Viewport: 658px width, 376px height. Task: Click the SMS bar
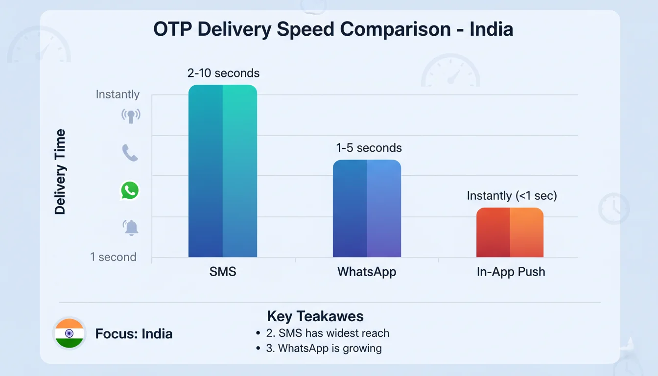[223, 171]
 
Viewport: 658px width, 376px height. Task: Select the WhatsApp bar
[367, 209]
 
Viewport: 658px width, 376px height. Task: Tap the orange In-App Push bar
[510, 233]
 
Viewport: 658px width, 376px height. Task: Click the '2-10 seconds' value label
[223, 73]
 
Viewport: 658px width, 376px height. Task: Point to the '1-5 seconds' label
[369, 148]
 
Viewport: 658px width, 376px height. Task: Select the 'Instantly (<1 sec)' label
[512, 196]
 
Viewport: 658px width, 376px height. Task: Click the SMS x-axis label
[223, 272]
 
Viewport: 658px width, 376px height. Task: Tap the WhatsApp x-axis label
[367, 272]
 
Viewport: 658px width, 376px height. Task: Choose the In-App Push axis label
[511, 272]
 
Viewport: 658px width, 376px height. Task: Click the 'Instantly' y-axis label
[117, 94]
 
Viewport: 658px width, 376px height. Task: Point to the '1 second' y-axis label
[113, 257]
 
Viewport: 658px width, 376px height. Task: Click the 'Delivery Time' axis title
[60, 172]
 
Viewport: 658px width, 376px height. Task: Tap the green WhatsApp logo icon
[130, 190]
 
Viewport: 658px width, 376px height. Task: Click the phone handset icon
[130, 153]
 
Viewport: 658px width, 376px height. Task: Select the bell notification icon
[131, 228]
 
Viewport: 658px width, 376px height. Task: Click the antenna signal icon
[131, 116]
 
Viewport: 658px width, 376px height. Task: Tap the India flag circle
[69, 333]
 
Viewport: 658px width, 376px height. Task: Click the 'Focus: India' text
[134, 334]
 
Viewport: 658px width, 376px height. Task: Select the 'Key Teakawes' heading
[315, 316]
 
